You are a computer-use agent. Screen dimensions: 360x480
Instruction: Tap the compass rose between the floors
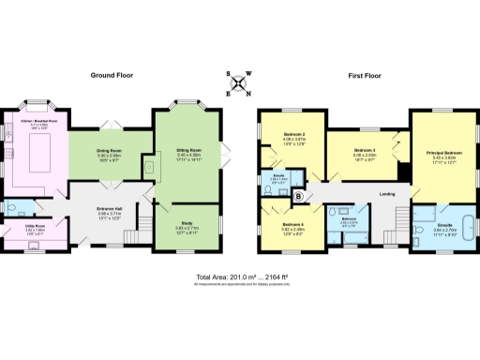(x=239, y=84)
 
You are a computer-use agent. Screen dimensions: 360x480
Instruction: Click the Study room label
(x=187, y=222)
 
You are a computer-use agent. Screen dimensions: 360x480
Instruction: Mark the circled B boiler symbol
(x=299, y=196)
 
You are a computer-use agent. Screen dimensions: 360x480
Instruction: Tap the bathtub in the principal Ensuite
(x=418, y=225)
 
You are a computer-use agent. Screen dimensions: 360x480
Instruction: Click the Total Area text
(x=239, y=277)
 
